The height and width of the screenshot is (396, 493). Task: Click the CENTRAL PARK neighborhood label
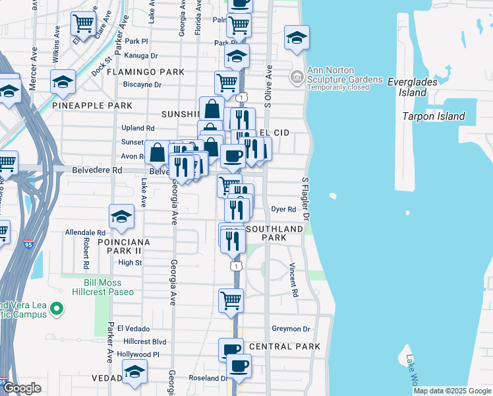[285, 346]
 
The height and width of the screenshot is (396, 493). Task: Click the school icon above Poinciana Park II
[122, 216]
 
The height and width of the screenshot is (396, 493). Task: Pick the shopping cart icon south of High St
[231, 300]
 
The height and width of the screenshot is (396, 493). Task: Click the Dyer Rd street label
[283, 209]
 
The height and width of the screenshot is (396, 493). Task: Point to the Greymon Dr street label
[291, 329]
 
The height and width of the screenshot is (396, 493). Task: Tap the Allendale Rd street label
[85, 233]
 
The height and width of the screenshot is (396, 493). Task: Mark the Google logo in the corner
[22, 388]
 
